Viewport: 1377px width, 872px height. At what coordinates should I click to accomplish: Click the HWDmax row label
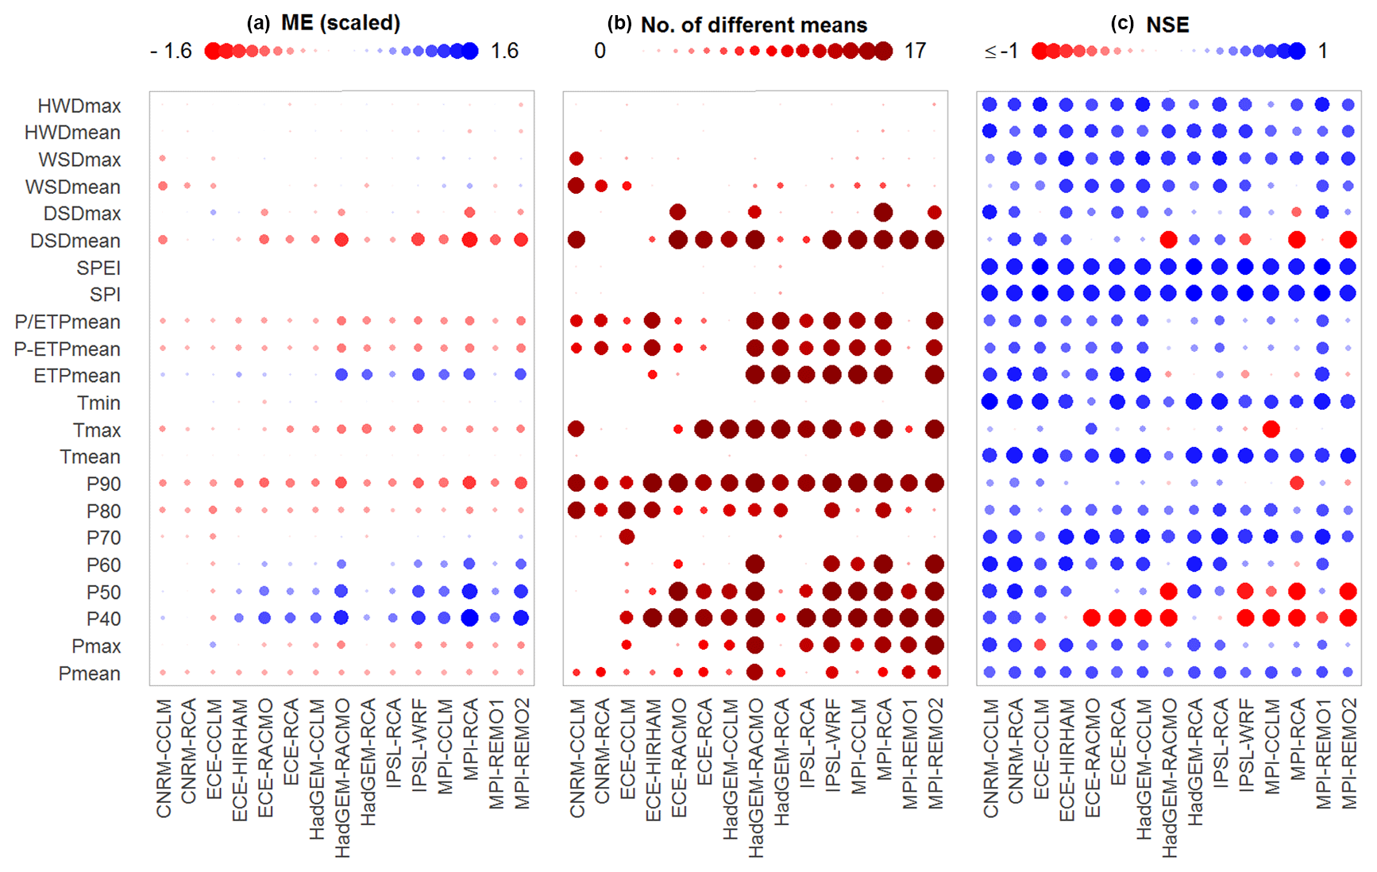pos(79,106)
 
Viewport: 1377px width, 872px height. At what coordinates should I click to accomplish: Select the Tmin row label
pos(98,403)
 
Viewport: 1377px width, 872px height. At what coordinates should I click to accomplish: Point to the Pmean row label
pos(89,673)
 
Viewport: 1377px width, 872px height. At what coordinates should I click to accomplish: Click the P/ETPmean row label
pos(67,322)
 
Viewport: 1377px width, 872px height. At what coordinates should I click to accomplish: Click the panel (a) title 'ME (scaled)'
pos(340,22)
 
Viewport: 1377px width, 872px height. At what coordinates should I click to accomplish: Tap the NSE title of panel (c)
pos(1167,25)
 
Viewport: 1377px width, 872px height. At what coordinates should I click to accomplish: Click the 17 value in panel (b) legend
pos(915,51)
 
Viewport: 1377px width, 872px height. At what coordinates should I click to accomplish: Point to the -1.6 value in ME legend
pos(171,51)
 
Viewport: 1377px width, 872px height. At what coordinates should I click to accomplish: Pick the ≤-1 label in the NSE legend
pos(1001,51)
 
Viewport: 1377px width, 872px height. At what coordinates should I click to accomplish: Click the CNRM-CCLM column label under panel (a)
pos(164,758)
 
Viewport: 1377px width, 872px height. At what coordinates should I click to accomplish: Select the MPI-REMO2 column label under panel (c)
pos(1348,754)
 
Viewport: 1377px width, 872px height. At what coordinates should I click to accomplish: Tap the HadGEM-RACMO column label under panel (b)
pos(755,778)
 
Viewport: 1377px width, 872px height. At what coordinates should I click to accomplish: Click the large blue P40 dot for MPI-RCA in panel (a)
pos(469,617)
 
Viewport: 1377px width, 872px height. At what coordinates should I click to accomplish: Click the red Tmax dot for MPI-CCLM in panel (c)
pos(1271,429)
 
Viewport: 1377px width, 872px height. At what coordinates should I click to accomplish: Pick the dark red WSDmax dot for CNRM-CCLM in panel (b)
pos(577,159)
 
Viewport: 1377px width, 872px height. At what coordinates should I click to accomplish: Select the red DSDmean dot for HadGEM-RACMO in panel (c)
pos(1168,239)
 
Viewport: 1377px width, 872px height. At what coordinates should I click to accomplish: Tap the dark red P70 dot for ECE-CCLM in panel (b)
pos(627,537)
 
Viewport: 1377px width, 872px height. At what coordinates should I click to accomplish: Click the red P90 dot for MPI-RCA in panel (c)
pos(1297,483)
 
